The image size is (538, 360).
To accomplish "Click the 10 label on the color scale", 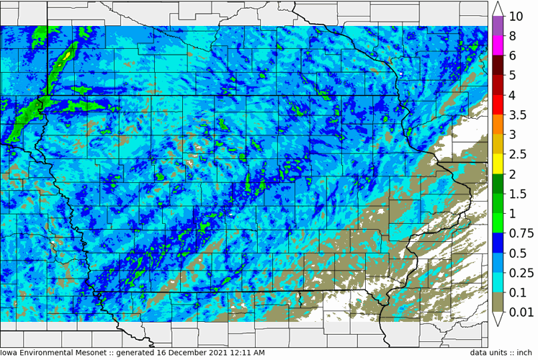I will (516, 17).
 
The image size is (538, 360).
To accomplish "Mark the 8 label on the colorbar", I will (512, 36).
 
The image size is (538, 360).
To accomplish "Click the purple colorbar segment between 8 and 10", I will (497, 26).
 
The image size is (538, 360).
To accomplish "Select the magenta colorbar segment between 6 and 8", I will (497, 45).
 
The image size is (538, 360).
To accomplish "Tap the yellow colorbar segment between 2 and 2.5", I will (497, 164).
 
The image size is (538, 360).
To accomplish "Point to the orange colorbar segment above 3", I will (497, 125).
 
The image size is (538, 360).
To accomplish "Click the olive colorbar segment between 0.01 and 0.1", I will (497, 302).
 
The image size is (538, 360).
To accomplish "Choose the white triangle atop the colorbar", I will (497, 9).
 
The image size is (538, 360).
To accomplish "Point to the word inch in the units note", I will (523, 353).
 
